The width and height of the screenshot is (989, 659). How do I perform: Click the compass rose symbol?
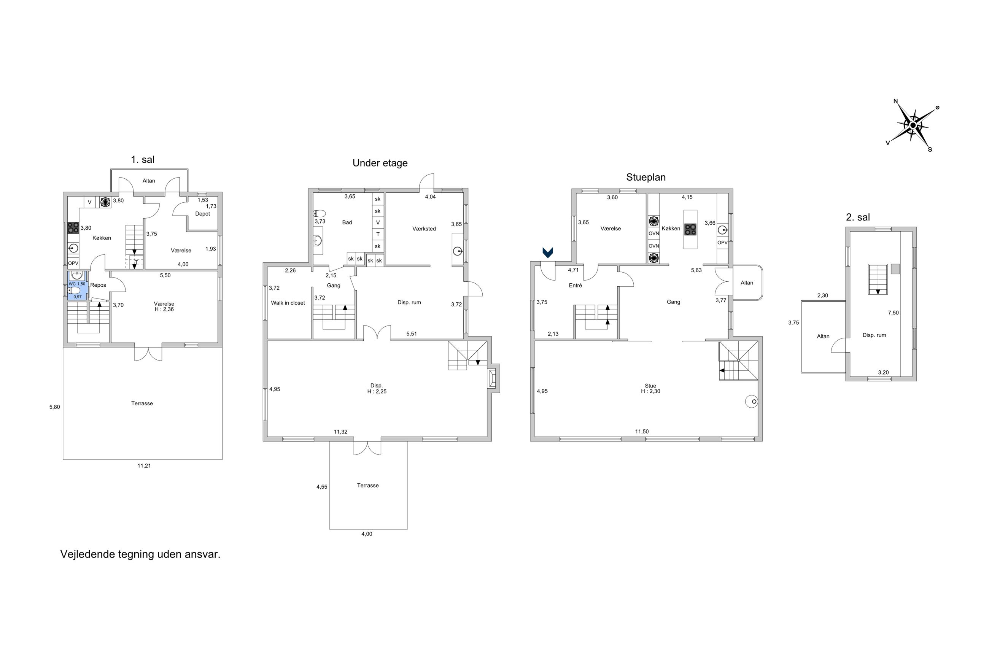pos(913,125)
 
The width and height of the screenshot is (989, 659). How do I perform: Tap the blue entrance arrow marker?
pos(547,252)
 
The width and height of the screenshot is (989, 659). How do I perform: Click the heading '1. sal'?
pos(143,160)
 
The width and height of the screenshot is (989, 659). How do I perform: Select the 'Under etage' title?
pos(380,163)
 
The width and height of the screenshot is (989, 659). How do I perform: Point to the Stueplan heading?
pos(645,177)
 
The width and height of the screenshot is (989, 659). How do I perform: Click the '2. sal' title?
pos(857,217)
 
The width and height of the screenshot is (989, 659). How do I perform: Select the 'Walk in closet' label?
pos(288,303)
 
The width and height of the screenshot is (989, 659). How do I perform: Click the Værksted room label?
pos(424,229)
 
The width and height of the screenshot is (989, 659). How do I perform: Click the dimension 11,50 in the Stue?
pos(641,432)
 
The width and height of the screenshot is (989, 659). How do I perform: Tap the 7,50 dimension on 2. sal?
pos(893,313)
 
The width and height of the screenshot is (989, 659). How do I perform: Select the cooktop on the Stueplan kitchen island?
pos(690,229)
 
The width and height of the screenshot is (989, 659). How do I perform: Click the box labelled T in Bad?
pos(377,235)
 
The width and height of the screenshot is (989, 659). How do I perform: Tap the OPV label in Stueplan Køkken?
pos(722,243)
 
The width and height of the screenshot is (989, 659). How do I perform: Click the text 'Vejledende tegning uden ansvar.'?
pos(140,554)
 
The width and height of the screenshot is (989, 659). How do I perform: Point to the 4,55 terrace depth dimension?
pos(321,487)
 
